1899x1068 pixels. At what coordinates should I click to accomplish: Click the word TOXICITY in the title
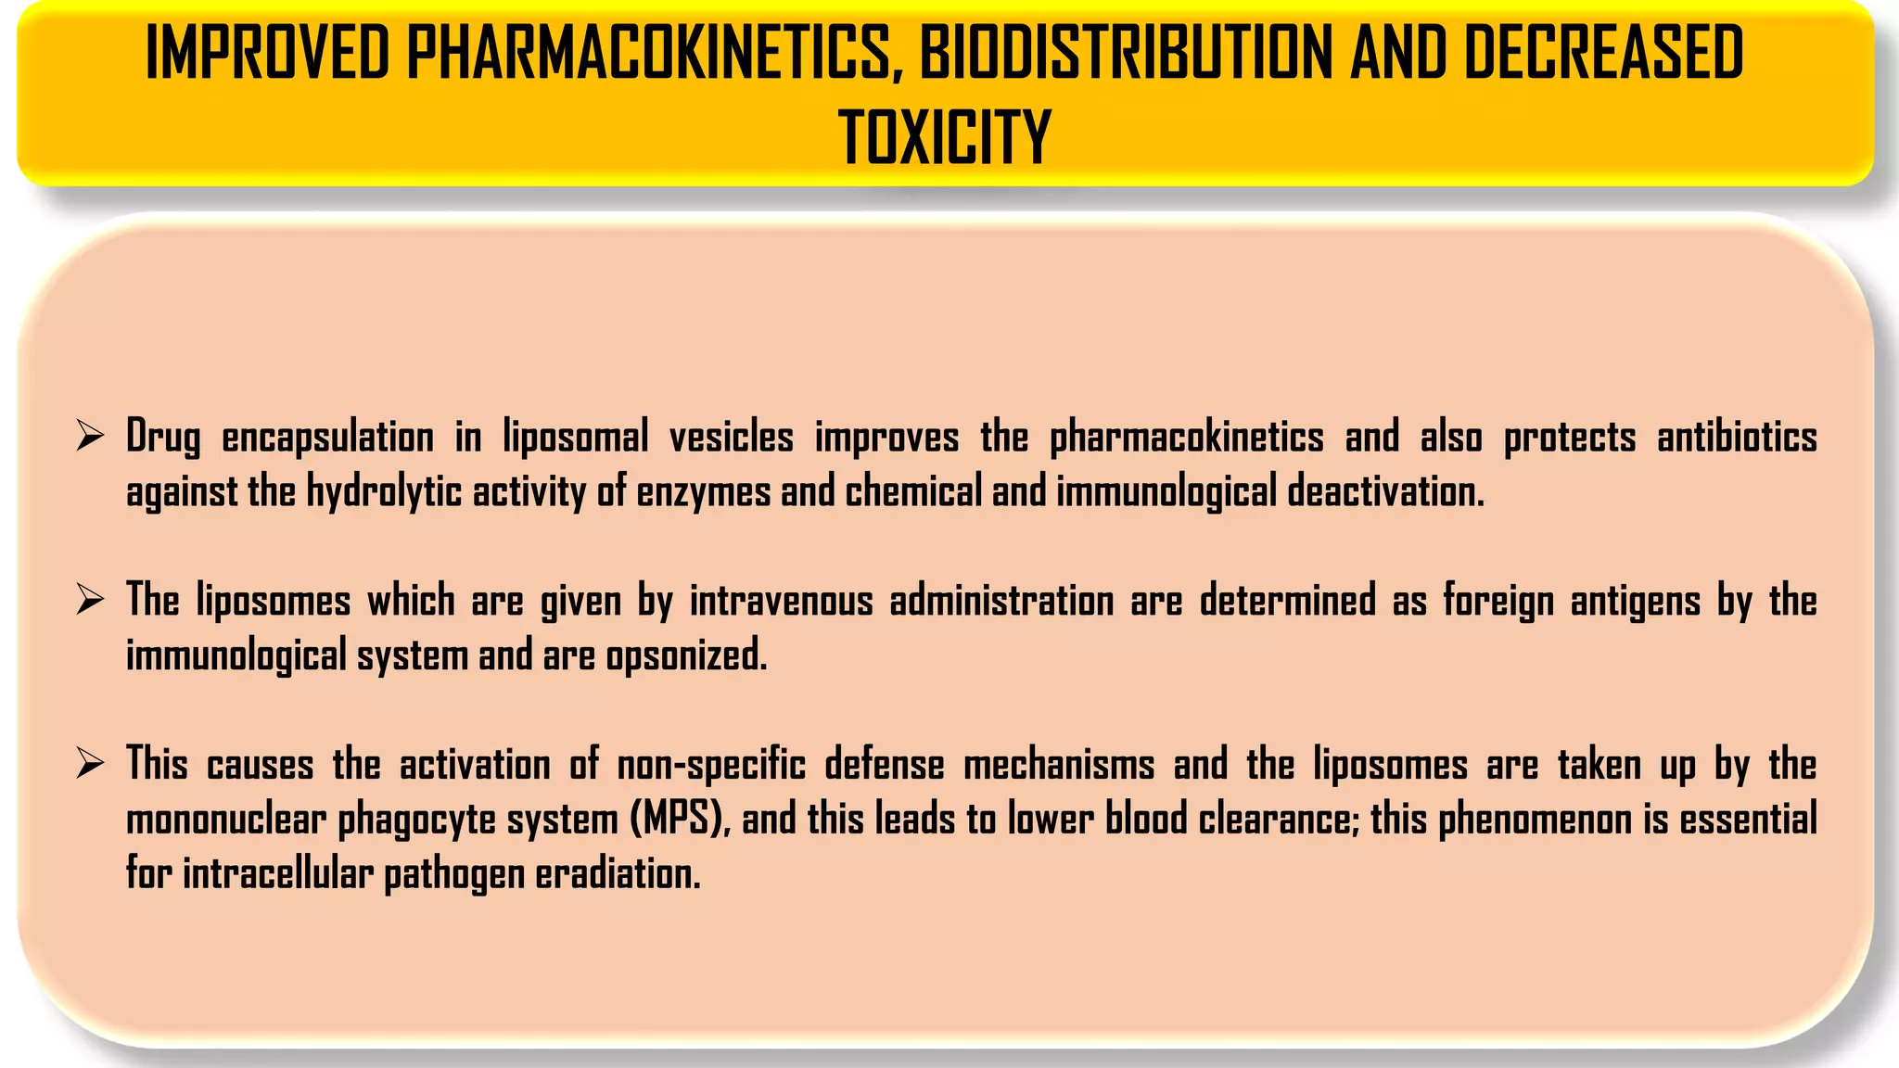pyautogui.click(x=945, y=137)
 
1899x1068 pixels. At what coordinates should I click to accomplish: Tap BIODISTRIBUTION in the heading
pyautogui.click(x=1126, y=54)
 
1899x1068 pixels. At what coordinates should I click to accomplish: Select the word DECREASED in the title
pyautogui.click(x=1603, y=54)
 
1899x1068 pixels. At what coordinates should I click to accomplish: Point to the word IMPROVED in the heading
pyautogui.click(x=268, y=54)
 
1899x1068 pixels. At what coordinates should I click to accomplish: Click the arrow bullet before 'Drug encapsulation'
pyautogui.click(x=90, y=435)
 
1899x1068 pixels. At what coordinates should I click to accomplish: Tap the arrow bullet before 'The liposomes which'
pyautogui.click(x=90, y=600)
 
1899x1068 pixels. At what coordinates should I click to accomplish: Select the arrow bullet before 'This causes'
pyautogui.click(x=90, y=764)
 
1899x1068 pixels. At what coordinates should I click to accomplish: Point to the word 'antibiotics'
pyautogui.click(x=1737, y=437)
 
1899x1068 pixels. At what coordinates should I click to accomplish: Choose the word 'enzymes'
pyautogui.click(x=703, y=491)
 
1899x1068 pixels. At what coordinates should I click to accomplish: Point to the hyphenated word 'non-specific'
pyautogui.click(x=711, y=766)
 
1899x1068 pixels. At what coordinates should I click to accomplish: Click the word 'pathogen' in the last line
pyautogui.click(x=454, y=874)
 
